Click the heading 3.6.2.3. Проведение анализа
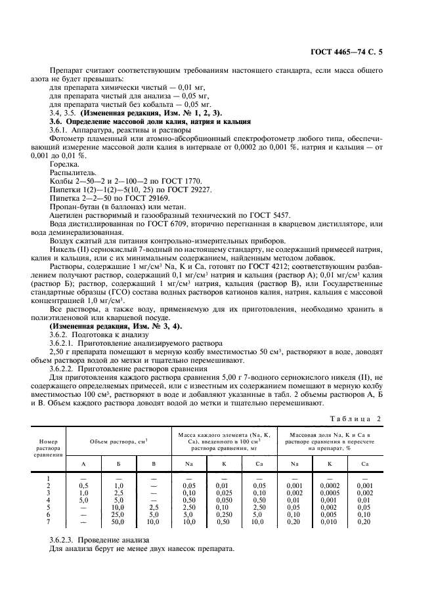click(x=95, y=539)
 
